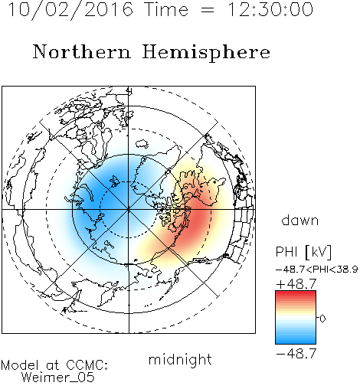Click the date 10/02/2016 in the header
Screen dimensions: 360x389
tap(70, 10)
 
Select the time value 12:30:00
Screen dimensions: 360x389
tap(270, 9)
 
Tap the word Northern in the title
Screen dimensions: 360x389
tap(82, 52)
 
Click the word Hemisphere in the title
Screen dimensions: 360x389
tap(206, 53)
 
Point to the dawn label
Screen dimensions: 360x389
tap(300, 221)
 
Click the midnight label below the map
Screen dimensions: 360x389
tap(180, 360)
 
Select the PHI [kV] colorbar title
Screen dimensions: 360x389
tap(303, 252)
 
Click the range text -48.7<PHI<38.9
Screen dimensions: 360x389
tap(316, 270)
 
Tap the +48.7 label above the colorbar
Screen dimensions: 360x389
tap(296, 284)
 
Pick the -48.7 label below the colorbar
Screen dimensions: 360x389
tap(296, 354)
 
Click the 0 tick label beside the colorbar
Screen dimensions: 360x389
tap(322, 319)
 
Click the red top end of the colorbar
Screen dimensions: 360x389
tap(296, 293)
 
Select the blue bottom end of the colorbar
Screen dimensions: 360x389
tap(296, 342)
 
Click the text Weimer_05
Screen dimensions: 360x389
tap(58, 378)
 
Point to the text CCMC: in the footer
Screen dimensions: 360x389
tap(87, 365)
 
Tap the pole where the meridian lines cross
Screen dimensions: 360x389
tap(129, 210)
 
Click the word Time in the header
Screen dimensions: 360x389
tap(166, 9)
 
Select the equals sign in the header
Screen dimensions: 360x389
tap(208, 10)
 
